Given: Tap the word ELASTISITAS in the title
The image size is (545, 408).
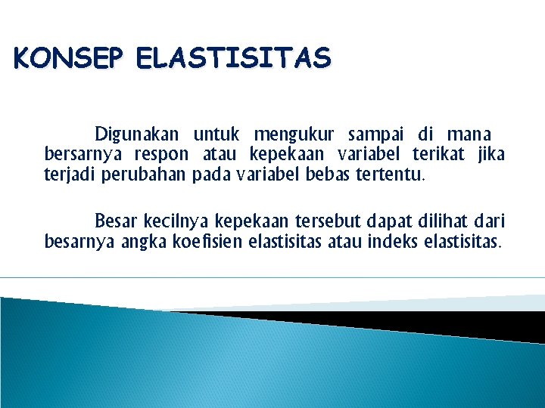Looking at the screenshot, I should tap(234, 57).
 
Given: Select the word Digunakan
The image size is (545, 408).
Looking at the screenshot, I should tap(136, 135).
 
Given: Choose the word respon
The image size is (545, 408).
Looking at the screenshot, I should tap(161, 156).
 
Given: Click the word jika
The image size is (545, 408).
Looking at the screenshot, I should tap(491, 156).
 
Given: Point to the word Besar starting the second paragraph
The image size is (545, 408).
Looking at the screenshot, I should tap(115, 222).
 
